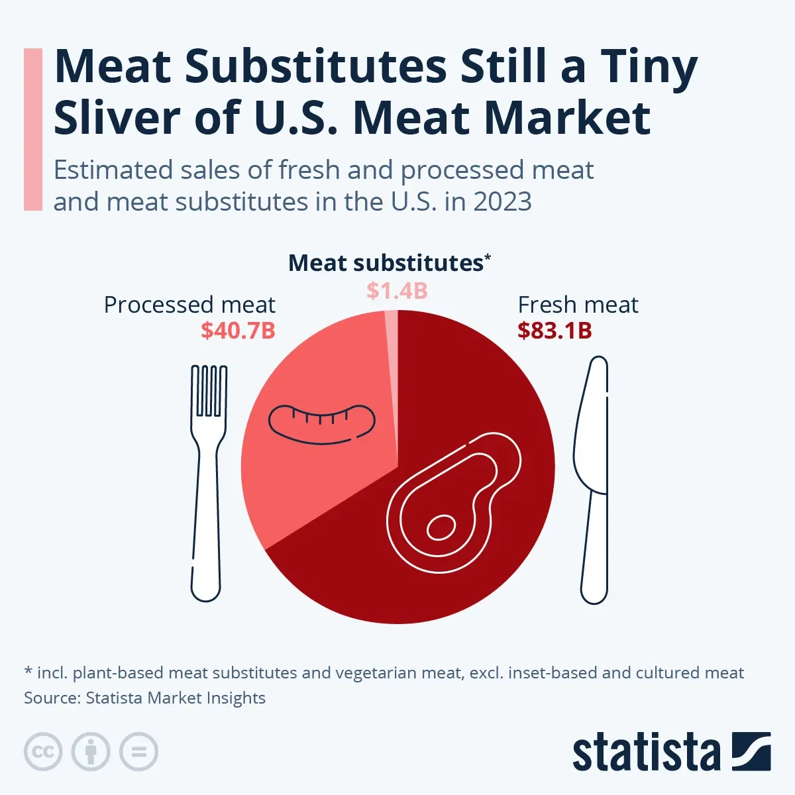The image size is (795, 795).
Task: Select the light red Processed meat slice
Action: [311, 477]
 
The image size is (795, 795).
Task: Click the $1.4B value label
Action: [397, 291]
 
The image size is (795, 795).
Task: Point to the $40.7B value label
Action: [238, 331]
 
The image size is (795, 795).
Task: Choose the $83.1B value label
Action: [555, 331]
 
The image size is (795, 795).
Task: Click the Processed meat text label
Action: [189, 305]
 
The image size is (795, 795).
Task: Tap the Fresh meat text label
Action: [578, 305]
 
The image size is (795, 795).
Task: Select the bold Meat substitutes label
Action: [386, 264]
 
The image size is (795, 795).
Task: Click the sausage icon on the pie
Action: [321, 423]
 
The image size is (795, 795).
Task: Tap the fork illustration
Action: [207, 477]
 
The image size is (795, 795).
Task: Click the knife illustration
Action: [592, 477]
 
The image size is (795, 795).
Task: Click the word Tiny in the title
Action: [649, 68]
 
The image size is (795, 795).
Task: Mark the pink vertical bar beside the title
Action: [33, 129]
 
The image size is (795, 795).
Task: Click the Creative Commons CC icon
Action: [43, 752]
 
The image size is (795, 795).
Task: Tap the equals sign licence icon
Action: [138, 752]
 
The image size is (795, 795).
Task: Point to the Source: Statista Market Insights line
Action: [144, 698]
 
